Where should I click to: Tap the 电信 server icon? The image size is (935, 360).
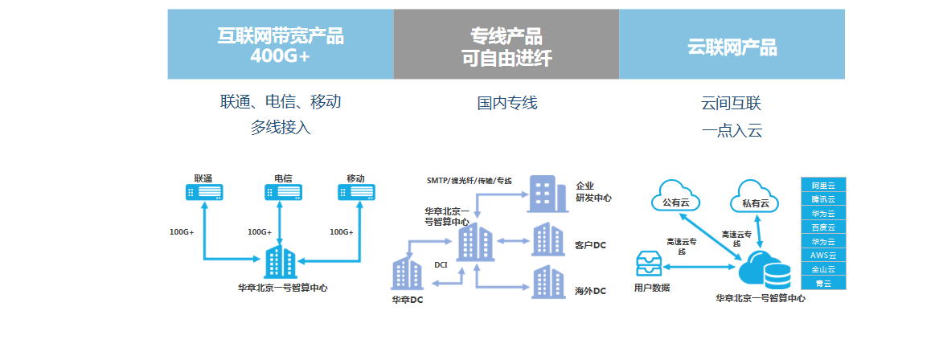(x=284, y=192)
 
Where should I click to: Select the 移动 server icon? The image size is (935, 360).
(x=358, y=192)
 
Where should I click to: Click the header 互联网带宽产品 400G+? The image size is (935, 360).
(x=281, y=45)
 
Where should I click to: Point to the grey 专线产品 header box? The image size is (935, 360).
(x=506, y=45)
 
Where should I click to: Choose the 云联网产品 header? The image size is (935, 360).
(x=732, y=45)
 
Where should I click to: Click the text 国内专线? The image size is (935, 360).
(x=506, y=103)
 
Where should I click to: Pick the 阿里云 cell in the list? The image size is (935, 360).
(x=823, y=186)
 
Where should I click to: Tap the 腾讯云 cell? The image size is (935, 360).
(x=823, y=199)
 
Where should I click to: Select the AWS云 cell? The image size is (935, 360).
(x=823, y=256)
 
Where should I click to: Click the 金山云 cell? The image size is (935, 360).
(x=823, y=269)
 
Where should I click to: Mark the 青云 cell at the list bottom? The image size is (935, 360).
(x=823, y=283)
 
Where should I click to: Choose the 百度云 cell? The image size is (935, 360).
(x=823, y=227)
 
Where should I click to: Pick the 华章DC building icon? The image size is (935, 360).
(x=406, y=274)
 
